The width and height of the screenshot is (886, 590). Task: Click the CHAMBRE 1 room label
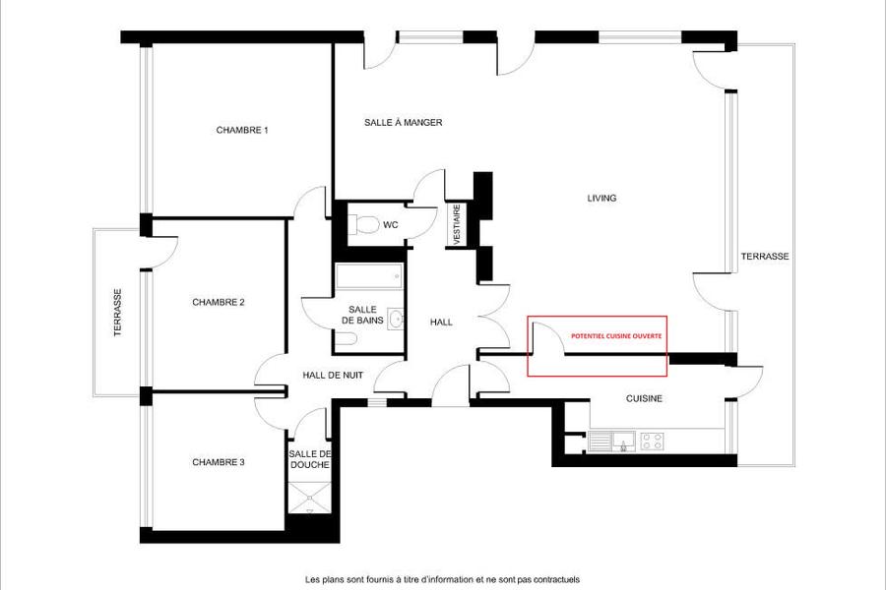pos(242,130)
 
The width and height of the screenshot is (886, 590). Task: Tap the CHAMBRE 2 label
pos(219,302)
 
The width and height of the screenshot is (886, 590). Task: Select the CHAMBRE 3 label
pos(219,462)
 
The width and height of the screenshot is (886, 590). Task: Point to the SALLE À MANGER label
pos(403,122)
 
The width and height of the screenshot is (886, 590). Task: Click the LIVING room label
pos(601,198)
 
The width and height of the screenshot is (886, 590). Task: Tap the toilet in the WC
pos(363,224)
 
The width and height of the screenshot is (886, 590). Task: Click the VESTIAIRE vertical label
pos(457,224)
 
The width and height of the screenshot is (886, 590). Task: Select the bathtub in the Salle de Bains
pos(368,276)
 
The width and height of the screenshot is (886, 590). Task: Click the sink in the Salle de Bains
pos(397,319)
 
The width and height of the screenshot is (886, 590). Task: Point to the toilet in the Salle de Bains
pos(346,338)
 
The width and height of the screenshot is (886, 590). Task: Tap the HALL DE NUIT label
pos(333,375)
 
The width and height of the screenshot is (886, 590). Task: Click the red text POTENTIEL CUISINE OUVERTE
pos(616,336)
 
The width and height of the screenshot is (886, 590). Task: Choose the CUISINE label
pos(644,398)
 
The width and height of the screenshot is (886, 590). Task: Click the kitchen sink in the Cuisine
pos(611,441)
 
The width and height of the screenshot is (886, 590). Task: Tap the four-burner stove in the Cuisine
pos(652,441)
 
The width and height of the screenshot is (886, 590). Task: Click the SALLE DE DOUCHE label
pos(310,459)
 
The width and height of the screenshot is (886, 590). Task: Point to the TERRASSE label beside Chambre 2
pos(117,313)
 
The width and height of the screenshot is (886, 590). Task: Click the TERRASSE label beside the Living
pos(765,256)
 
